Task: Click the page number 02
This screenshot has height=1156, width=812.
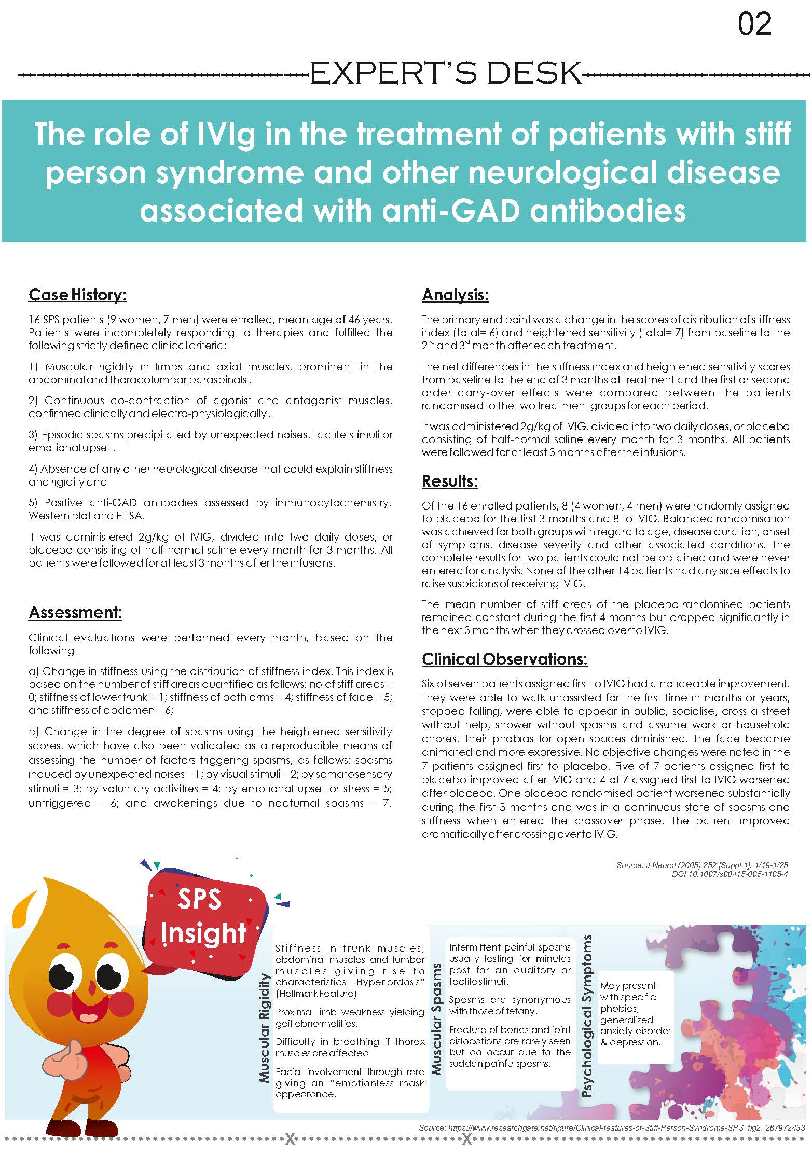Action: (x=754, y=25)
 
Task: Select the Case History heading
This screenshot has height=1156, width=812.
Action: (x=78, y=295)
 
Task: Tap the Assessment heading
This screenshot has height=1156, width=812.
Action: (x=75, y=612)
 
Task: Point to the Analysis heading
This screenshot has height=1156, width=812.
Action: (x=455, y=295)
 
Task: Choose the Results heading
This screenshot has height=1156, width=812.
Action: (x=449, y=481)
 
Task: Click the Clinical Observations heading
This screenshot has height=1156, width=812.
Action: (x=504, y=659)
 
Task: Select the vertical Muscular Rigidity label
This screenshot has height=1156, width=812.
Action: (x=265, y=1027)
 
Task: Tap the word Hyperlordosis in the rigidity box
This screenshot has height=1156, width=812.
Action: (x=387, y=982)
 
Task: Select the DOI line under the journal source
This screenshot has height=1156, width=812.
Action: (x=730, y=874)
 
